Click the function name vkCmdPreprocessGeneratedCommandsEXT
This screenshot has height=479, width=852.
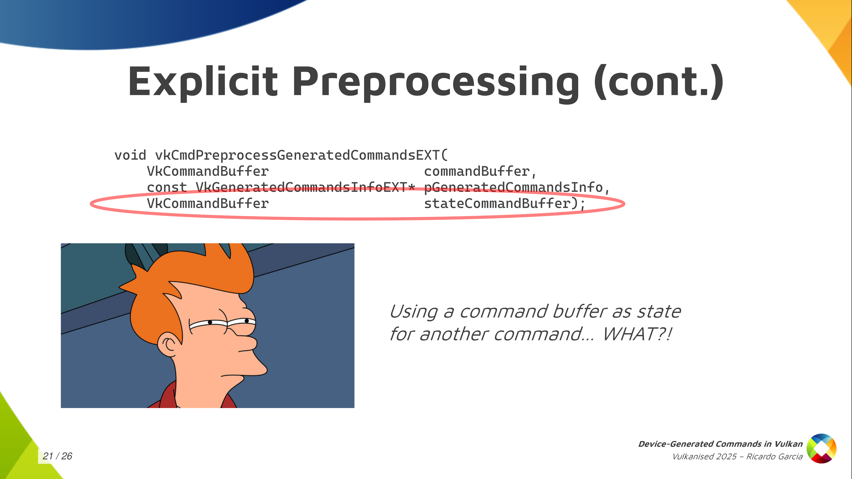coord(297,155)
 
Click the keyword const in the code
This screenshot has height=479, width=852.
coord(167,187)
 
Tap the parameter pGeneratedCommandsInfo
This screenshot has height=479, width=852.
coord(513,187)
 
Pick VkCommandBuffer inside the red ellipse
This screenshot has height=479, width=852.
coord(208,203)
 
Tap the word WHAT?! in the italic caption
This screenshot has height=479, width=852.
coord(637,334)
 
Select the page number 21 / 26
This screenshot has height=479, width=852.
coord(57,456)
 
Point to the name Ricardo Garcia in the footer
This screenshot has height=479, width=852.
coord(774,457)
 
